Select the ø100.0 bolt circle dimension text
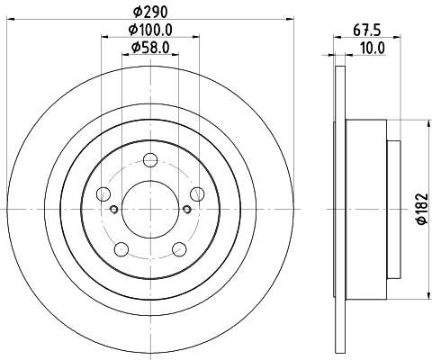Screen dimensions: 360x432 (x=149, y=32)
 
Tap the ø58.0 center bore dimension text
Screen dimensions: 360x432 (x=149, y=48)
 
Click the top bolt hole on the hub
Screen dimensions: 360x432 (x=149, y=163)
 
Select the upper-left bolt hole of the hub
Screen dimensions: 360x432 (x=103, y=193)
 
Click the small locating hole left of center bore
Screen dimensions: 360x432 (x=114, y=211)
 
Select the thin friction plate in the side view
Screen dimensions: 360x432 (x=338, y=209)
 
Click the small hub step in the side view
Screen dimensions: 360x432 (x=394, y=209)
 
